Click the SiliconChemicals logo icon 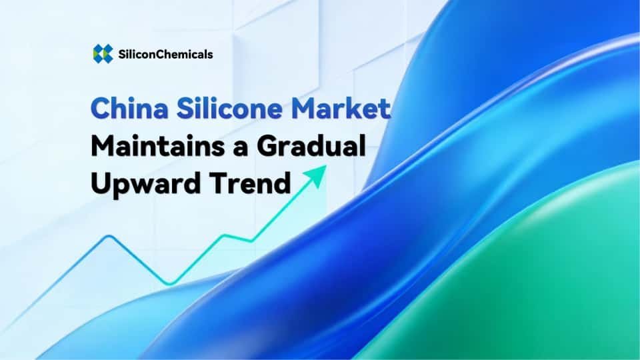coord(103,54)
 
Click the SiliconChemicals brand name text coord(163,55)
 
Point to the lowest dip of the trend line coord(170,283)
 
